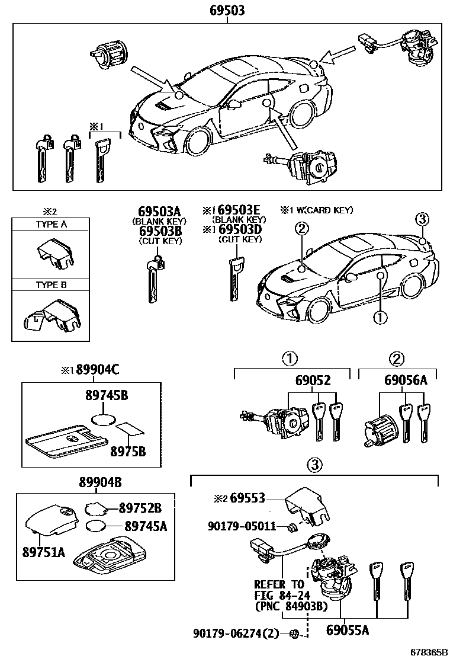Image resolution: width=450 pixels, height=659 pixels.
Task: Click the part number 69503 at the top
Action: click(227, 11)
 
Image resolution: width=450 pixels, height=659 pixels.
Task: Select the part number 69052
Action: click(313, 380)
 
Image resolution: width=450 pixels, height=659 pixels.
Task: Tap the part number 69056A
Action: click(406, 380)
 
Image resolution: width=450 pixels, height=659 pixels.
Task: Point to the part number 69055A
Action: click(348, 630)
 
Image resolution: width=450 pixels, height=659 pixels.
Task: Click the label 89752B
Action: click(140, 507)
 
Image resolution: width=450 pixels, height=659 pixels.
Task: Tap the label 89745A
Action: click(146, 526)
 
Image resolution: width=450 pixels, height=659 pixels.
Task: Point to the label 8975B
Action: click(127, 451)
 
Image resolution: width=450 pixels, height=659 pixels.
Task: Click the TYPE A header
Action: click(51, 225)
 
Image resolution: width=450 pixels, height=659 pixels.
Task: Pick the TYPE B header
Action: click(51, 284)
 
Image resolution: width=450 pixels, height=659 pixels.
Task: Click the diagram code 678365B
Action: click(424, 652)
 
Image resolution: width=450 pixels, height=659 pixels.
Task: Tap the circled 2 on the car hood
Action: click(301, 228)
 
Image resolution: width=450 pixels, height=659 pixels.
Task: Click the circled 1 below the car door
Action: click(380, 318)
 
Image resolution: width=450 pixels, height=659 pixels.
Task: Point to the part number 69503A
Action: click(159, 212)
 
